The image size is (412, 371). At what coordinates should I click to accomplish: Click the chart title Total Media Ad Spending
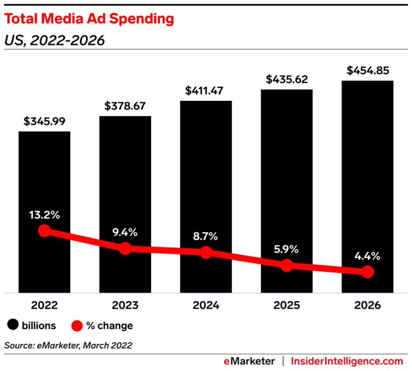click(89, 19)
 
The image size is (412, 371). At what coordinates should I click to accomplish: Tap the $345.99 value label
click(44, 121)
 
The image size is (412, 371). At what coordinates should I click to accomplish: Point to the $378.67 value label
click(125, 105)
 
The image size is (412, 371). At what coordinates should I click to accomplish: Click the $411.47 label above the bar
click(206, 90)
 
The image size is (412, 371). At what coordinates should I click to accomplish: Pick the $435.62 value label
click(287, 79)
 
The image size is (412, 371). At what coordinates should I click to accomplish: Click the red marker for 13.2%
click(44, 231)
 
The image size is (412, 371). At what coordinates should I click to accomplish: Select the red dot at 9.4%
click(125, 248)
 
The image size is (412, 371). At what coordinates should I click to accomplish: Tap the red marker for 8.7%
click(206, 252)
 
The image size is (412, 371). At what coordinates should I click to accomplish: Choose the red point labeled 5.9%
click(287, 265)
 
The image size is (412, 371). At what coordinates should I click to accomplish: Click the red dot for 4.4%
click(368, 272)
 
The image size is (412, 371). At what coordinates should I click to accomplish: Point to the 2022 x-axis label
click(44, 305)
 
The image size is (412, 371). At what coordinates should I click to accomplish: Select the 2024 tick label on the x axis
click(206, 305)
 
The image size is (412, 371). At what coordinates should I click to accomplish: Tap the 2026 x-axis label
click(368, 305)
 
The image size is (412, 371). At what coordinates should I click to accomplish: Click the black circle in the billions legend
click(13, 325)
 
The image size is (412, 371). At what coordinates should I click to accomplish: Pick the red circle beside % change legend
click(77, 325)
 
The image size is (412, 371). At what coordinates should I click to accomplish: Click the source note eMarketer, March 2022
click(68, 345)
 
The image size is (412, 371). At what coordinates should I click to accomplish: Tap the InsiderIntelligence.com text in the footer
click(347, 361)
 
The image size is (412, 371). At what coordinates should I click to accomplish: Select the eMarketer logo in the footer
click(250, 361)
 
